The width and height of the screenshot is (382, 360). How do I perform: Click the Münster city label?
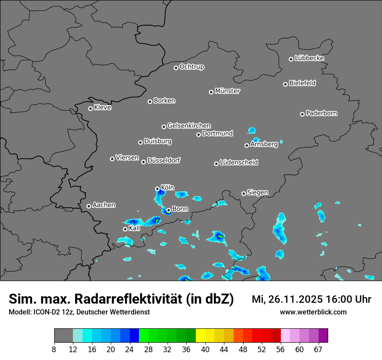pos(227,91)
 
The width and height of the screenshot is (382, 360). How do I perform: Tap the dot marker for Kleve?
pos(90,108)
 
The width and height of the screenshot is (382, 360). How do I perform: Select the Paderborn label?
pos(321,113)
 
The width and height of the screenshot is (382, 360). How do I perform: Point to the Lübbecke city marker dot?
pos(291,59)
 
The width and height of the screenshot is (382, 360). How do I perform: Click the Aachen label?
pos(104,205)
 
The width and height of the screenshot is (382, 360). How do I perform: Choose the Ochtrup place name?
pos(191,67)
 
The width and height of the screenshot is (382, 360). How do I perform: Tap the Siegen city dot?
pos(244,193)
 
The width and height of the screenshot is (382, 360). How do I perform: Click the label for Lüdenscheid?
pos(239,163)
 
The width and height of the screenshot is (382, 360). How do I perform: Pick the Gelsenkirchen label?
pos(189,126)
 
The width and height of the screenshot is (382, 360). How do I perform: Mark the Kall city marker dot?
pos(125,229)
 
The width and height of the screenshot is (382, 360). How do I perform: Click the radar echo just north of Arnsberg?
pos(252,130)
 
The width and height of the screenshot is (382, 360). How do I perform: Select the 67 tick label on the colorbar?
pos(318,349)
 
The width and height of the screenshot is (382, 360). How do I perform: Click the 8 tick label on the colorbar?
pos(54,349)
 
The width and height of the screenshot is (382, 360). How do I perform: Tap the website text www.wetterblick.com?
pos(313,312)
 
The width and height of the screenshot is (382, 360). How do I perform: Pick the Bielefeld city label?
pos(302,83)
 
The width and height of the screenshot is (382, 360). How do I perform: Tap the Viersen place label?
pos(127,158)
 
